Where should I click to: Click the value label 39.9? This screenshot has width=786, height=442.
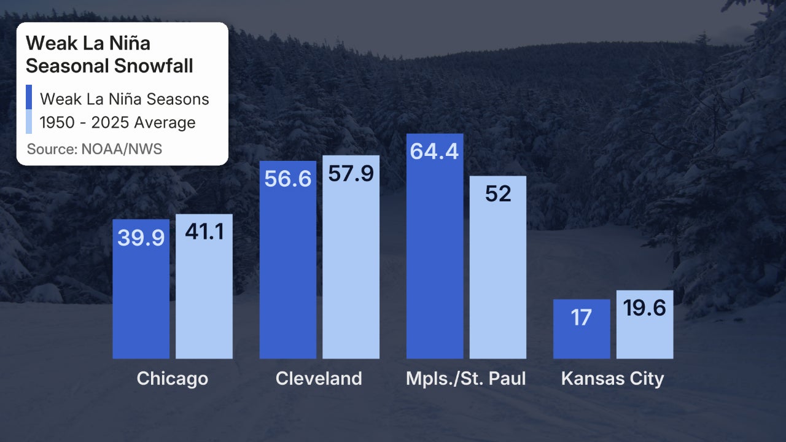coord(141,238)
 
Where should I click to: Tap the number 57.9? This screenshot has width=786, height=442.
coord(351,174)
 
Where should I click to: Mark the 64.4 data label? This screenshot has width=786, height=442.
coord(435,151)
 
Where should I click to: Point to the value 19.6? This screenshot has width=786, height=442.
coord(645,308)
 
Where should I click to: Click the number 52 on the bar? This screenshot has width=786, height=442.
coord(498,194)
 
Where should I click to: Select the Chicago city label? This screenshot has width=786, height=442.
coord(173,378)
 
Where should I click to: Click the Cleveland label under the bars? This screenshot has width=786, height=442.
coord(319,378)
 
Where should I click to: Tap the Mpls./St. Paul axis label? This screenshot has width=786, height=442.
coord(466,378)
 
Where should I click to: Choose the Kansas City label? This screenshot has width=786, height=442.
coord(613,378)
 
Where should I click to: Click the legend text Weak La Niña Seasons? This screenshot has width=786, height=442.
coord(124,99)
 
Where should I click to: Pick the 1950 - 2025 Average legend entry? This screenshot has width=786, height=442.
coord(117,123)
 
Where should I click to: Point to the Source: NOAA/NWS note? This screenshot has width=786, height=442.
coord(95,149)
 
